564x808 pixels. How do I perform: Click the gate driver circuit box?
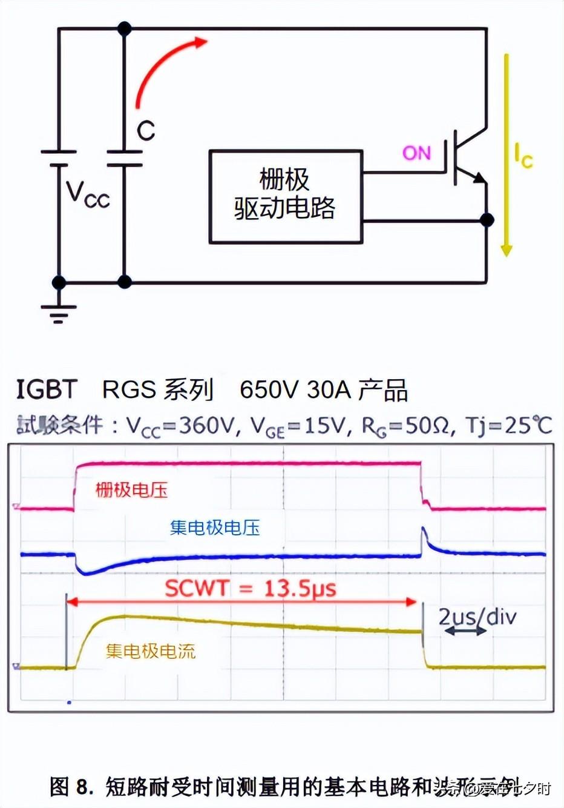(285, 196)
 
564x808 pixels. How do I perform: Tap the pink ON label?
(417, 153)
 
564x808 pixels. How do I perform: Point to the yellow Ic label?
(523, 155)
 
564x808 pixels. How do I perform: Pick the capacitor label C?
(146, 131)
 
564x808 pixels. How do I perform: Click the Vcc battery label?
(88, 194)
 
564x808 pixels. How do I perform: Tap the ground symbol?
(59, 313)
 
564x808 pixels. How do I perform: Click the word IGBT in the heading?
(47, 389)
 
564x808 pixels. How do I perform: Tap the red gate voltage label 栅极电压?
(131, 490)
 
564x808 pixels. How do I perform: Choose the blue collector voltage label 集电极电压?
(215, 528)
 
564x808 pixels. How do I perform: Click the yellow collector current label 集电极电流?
(151, 651)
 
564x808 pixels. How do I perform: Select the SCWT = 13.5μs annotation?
(251, 588)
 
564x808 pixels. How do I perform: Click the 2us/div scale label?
(477, 617)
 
